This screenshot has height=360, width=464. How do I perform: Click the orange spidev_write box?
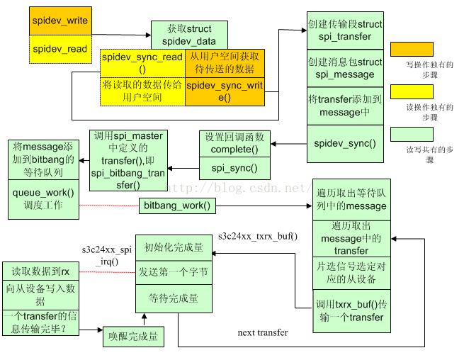pos(60,21)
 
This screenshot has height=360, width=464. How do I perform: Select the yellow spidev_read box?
pos(60,49)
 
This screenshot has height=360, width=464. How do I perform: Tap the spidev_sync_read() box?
pos(142,62)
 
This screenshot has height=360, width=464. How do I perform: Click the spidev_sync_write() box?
pos(224,91)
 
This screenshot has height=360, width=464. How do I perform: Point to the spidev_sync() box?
pos(345,143)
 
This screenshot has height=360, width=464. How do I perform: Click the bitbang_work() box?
pos(177,206)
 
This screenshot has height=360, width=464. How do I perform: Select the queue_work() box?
pos(45,198)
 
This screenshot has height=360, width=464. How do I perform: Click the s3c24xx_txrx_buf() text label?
pos(258,236)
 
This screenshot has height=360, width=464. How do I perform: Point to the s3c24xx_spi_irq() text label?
pos(106,256)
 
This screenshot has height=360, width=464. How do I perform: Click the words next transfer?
pos(263,332)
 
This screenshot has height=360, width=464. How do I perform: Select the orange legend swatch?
pos(412,49)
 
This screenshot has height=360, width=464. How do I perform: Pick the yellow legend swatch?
pos(412,91)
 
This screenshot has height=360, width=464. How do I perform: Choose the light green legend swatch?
pos(412,134)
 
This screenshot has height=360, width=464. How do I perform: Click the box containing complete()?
pos(234,143)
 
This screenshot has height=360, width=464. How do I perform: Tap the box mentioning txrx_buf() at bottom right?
pos(351,311)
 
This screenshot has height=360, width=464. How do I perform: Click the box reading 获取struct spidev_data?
pos(188,33)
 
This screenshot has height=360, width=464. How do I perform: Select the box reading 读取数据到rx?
pos(40,271)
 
